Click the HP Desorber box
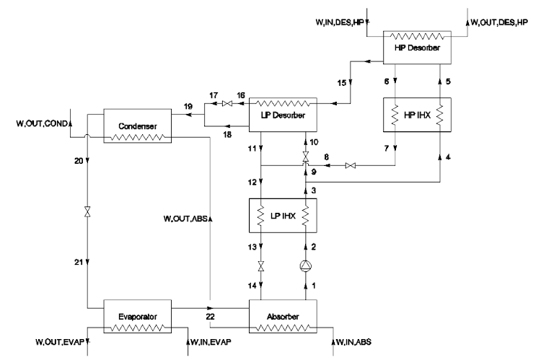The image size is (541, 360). (416, 46)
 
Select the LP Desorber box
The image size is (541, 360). (278, 114)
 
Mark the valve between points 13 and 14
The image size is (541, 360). (261, 267)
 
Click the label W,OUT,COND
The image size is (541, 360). (42, 123)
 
